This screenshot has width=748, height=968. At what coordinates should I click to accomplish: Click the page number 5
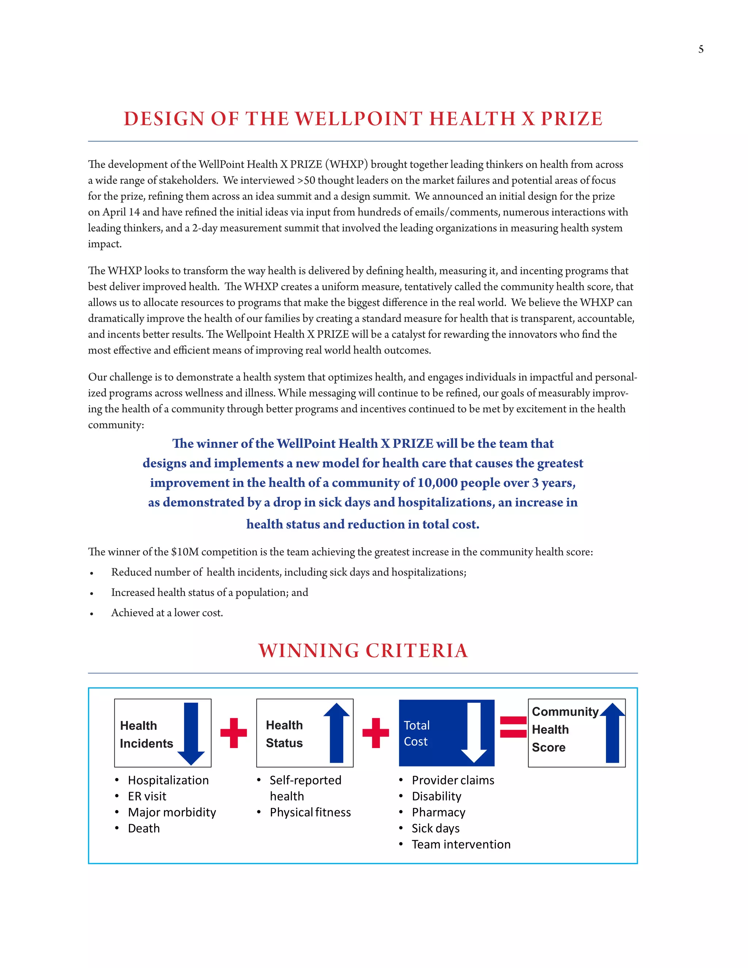701,49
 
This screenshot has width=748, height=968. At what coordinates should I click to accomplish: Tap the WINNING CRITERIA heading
363,651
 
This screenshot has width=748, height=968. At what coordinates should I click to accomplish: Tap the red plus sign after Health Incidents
233,733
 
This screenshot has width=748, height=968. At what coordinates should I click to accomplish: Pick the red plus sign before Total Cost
375,733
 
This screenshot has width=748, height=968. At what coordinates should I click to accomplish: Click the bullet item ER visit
147,796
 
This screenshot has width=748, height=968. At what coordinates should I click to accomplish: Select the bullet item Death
144,828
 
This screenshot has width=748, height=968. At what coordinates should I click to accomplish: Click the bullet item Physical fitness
310,812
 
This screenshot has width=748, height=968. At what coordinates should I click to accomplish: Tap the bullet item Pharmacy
438,812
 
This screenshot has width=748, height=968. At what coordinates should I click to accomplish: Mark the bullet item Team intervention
461,844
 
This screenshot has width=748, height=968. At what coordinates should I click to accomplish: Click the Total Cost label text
416,733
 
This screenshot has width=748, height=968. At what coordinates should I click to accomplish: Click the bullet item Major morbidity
172,812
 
